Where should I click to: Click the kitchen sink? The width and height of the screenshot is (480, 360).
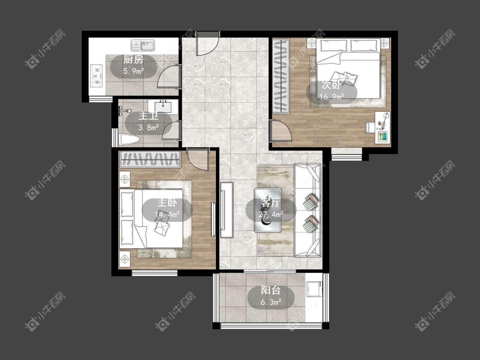(x=143, y=45)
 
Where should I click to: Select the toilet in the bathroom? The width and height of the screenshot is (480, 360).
(x=129, y=140)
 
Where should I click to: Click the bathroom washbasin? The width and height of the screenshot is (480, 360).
(x=163, y=107)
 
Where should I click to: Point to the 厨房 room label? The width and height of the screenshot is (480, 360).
(x=134, y=59)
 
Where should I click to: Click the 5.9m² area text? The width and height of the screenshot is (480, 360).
(x=134, y=71)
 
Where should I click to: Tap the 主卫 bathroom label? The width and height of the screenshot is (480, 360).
(x=148, y=116)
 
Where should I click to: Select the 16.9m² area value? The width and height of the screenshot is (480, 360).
(x=332, y=97)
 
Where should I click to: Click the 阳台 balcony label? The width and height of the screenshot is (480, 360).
(x=271, y=290)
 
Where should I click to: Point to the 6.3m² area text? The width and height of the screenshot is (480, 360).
(x=271, y=302)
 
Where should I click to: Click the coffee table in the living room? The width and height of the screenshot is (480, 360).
(x=268, y=210)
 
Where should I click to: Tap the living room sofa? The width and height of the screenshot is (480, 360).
(x=308, y=210)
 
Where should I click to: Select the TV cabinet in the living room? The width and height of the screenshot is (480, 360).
(x=227, y=210)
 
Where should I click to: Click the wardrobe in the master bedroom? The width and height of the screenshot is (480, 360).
(x=150, y=159)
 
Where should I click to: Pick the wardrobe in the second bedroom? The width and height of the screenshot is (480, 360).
(x=281, y=76)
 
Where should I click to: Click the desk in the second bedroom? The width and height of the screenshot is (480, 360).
(x=383, y=127)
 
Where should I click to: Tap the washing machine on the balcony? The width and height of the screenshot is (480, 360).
(x=314, y=289)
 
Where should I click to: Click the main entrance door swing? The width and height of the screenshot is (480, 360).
(x=207, y=44)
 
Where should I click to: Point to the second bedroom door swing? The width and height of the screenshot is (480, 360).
(x=281, y=131)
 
